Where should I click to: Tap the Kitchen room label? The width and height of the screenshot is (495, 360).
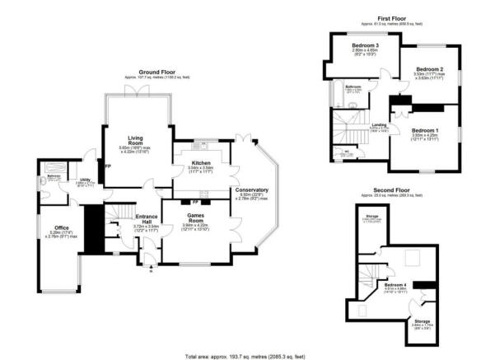tap(201, 163)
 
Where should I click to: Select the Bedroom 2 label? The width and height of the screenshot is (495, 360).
tap(429, 69)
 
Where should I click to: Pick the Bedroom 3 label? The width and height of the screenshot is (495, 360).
tap(364, 44)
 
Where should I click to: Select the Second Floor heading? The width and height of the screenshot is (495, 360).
tap(391, 190)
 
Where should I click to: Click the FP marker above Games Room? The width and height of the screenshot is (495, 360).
tap(194, 201)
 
